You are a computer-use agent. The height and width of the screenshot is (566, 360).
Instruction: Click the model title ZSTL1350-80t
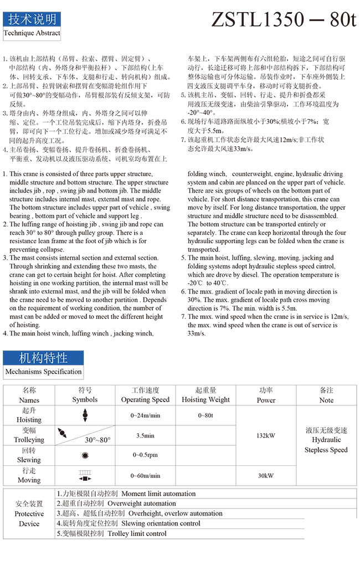coord(284,20)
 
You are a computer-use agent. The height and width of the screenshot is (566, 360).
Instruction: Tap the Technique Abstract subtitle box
coord(32,33)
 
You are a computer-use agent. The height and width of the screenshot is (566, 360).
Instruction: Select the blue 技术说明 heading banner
coord(32,19)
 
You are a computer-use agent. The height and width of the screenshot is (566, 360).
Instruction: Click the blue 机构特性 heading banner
coord(43,357)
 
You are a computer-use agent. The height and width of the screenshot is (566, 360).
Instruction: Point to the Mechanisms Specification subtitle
coord(43,372)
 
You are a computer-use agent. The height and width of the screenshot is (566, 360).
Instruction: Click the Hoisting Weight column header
coord(205,395)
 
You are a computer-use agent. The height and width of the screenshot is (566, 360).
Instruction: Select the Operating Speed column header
coord(145,395)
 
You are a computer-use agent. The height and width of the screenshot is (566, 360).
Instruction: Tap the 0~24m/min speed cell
coord(145,415)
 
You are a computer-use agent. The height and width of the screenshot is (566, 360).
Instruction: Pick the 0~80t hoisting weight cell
coord(205,415)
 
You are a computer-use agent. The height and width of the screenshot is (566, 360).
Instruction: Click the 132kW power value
coord(266,435)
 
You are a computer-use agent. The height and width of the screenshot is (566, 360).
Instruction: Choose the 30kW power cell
coord(266,475)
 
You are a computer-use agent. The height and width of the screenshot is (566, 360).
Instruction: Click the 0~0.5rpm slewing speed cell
coord(145,455)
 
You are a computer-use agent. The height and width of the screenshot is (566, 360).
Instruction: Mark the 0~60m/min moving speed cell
coord(145,475)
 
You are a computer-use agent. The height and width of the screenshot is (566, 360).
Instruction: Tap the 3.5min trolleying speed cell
coord(145,435)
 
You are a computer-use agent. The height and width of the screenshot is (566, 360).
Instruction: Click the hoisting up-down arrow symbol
coord(85,415)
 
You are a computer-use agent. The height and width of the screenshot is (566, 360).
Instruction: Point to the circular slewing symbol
coord(85,455)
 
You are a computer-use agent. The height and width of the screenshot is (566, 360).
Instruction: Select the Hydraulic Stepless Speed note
coord(326,440)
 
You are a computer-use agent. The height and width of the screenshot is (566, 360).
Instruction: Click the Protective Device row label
coord(29,513)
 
